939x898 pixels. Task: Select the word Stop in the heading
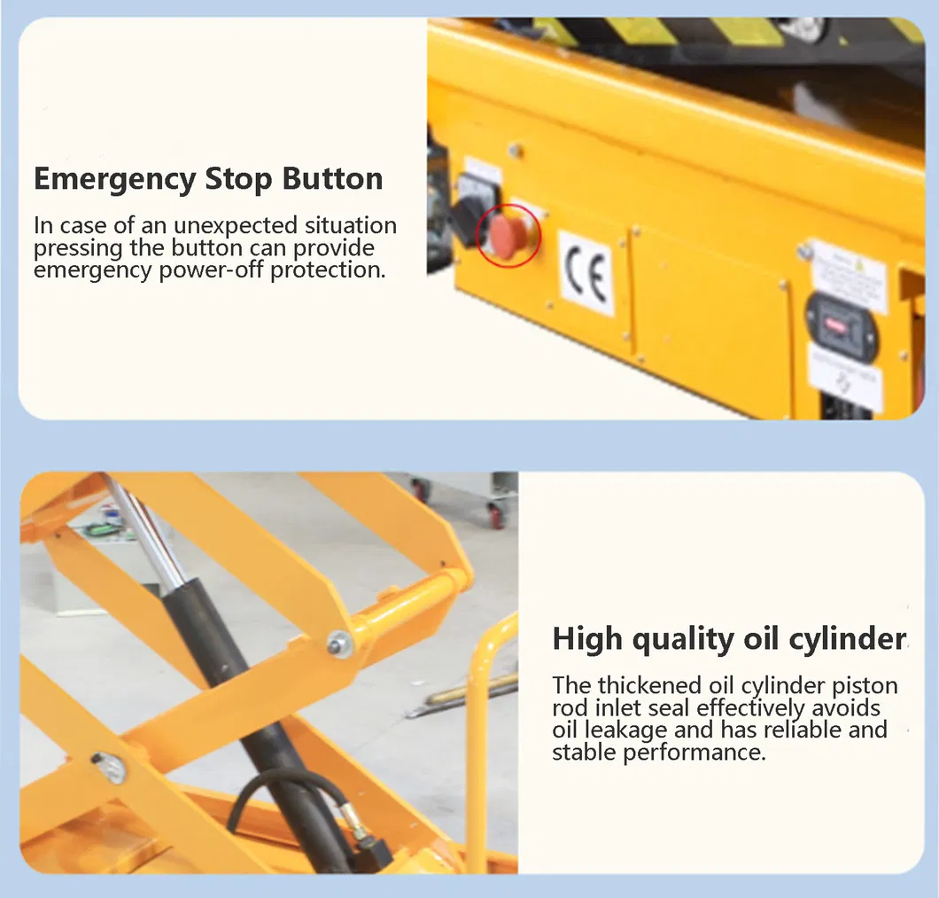(x=239, y=178)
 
